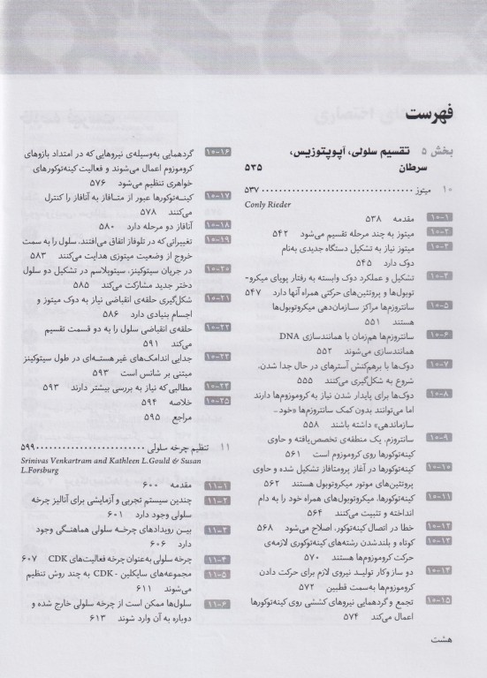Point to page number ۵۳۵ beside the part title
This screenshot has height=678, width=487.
255,166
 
